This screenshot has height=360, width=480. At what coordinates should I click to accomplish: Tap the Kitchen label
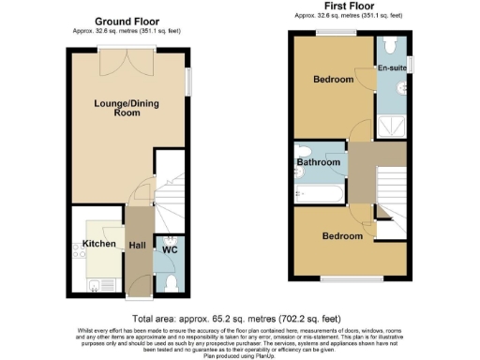(x=98, y=244)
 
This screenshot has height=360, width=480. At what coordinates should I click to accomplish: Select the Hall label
(x=137, y=245)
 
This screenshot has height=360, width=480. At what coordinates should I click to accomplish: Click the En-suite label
(x=391, y=68)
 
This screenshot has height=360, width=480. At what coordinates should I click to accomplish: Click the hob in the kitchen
(x=79, y=248)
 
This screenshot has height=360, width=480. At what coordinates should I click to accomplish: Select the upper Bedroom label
(x=333, y=81)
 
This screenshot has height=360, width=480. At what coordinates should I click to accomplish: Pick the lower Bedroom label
(x=342, y=235)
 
